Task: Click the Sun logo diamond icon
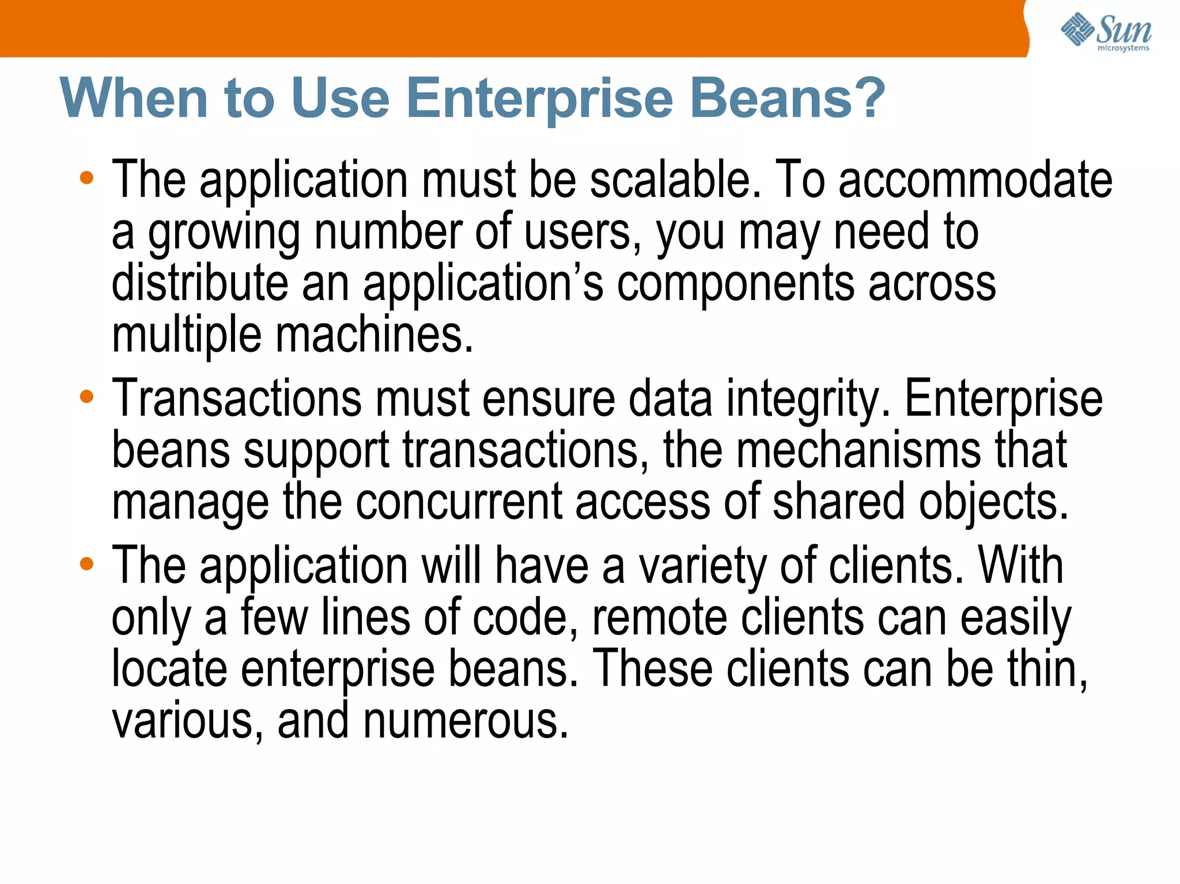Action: [1076, 29]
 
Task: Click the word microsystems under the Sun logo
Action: [1123, 48]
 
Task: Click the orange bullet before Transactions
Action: [86, 397]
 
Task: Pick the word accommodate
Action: [975, 180]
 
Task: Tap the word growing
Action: [224, 233]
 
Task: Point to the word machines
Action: [374, 335]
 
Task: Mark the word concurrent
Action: [458, 502]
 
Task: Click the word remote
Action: [660, 617]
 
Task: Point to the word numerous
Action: [466, 721]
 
